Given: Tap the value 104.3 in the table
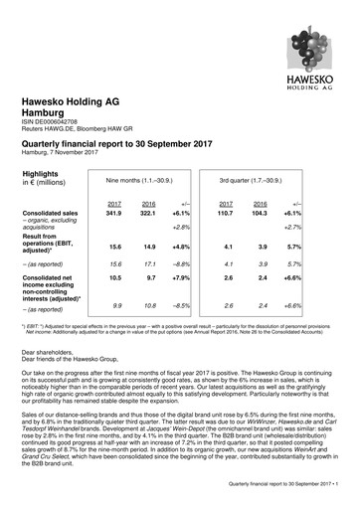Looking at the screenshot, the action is (296, 213).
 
